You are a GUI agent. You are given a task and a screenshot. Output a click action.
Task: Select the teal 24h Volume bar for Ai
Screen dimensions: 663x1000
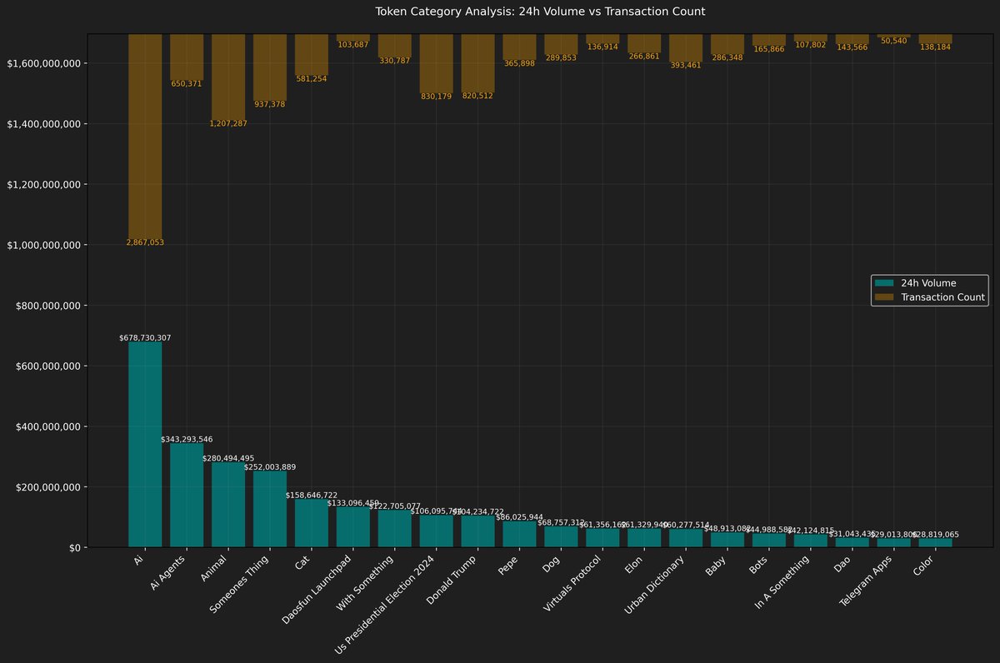coord(145,445)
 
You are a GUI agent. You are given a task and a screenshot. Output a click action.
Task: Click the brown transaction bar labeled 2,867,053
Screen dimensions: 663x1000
coord(145,137)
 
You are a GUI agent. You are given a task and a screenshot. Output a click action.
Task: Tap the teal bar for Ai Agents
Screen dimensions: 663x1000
coord(187,495)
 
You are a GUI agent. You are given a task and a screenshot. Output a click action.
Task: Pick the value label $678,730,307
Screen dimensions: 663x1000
coord(145,337)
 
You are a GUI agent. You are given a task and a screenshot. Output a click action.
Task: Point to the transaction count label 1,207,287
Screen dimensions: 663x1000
coord(228,123)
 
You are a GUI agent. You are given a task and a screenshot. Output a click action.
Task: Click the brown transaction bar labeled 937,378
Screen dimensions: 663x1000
coord(270,67)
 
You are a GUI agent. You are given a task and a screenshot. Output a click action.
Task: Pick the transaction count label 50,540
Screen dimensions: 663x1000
coord(893,40)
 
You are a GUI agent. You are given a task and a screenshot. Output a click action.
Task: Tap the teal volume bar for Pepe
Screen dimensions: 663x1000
coord(519,534)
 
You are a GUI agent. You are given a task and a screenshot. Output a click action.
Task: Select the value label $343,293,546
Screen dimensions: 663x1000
coord(187,438)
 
